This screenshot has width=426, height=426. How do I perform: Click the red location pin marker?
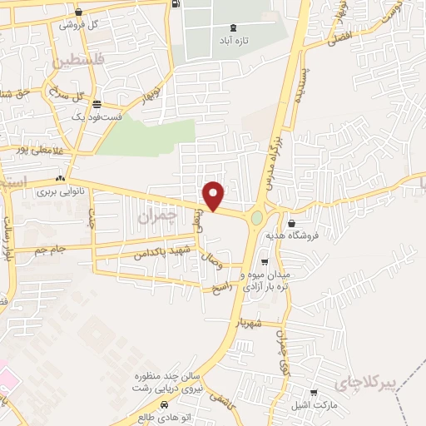(x=214, y=195)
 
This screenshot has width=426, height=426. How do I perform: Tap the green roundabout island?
(x=256, y=219)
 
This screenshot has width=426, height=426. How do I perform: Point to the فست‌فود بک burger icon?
(x=98, y=105)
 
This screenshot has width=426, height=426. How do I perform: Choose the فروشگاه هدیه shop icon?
(x=292, y=223)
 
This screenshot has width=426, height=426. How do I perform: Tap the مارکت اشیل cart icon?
(x=314, y=393)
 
